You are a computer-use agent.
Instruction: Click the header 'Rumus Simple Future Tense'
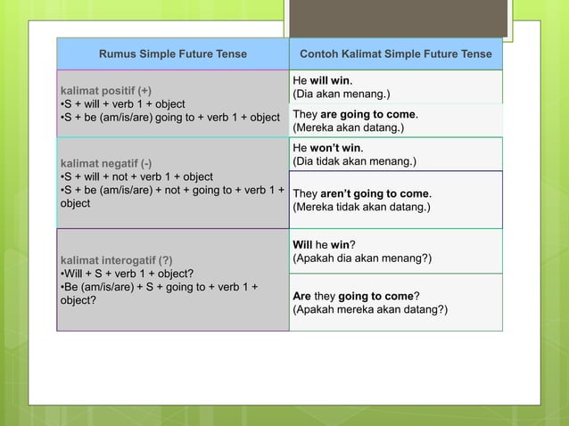tap(173, 54)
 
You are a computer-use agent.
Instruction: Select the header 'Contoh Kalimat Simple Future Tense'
tap(395, 54)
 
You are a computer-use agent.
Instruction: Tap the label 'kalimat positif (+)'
tap(105, 91)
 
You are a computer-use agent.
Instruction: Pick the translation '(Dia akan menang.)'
tap(342, 94)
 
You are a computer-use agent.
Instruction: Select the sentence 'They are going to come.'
tap(356, 115)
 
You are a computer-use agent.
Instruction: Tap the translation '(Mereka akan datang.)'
tap(349, 128)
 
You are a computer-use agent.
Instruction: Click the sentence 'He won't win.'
tap(328, 148)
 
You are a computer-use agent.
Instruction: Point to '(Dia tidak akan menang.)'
tap(356, 161)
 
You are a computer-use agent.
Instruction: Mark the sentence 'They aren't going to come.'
tap(362, 193)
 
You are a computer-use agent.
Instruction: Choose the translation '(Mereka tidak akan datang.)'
tap(361, 207)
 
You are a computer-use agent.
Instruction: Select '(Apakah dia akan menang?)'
tap(362, 258)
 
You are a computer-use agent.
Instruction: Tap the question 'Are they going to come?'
tap(357, 296)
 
